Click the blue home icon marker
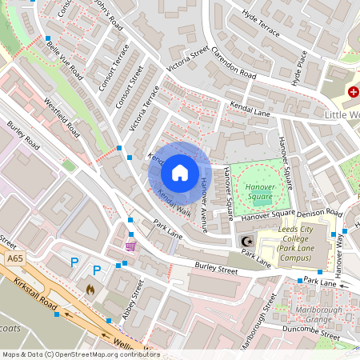tap(180, 172)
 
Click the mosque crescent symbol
tap(245, 242)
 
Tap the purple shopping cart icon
tap(130, 245)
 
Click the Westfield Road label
tap(62, 117)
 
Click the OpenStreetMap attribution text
tap(80, 354)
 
